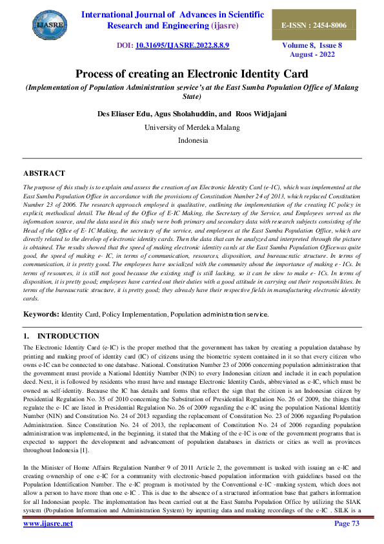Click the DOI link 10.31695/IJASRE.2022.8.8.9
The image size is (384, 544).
pos(182,47)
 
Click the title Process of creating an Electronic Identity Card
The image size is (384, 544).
pos(192,74)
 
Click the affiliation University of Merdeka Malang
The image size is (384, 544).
pos(192,127)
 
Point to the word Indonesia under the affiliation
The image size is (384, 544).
pos(192,140)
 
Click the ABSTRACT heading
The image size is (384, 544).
pos(44,173)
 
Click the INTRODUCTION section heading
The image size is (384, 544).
pos(68,336)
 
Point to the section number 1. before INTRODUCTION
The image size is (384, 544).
pos(26,336)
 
